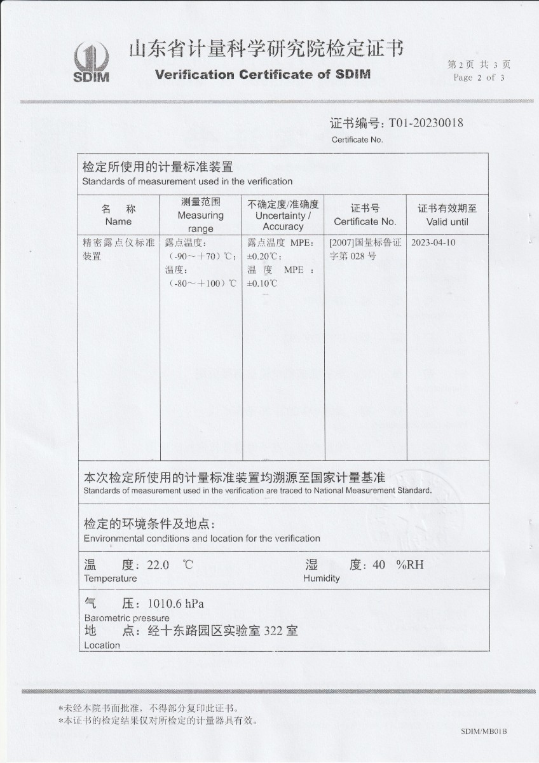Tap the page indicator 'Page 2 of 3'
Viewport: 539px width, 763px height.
[x=479, y=78]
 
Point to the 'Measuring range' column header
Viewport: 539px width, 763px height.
[x=201, y=216]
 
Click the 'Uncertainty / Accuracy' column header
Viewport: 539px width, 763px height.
[x=283, y=216]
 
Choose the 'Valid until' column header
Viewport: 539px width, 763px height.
[x=447, y=216]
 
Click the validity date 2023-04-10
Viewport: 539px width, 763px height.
[x=433, y=243]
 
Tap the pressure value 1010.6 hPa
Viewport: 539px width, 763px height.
[x=175, y=603]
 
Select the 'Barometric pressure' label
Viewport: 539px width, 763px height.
[x=126, y=618]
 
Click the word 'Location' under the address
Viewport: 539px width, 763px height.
[x=102, y=645]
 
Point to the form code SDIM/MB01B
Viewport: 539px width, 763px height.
[x=484, y=732]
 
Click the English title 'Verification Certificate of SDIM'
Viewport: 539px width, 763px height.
[x=263, y=74]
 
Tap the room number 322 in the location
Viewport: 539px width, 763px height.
[x=273, y=631]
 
